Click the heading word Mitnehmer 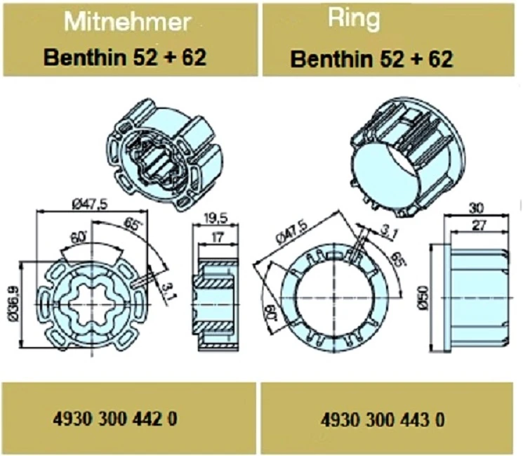tap(127, 22)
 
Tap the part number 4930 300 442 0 tap(115, 419)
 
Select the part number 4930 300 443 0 tap(383, 420)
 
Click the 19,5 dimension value tap(216, 219)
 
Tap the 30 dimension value tap(476, 208)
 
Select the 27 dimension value tap(479, 226)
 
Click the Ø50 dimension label tap(423, 298)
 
